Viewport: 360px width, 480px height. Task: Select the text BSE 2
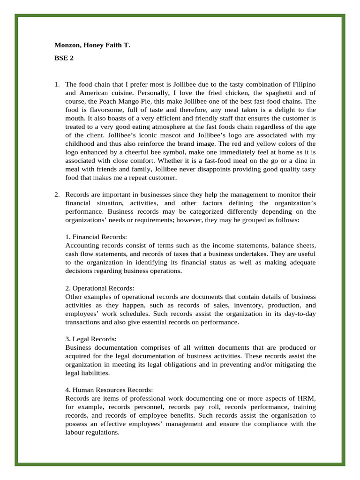[64, 59]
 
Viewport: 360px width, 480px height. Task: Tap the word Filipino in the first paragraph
[303, 84]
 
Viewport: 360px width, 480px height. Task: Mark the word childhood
[81, 143]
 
